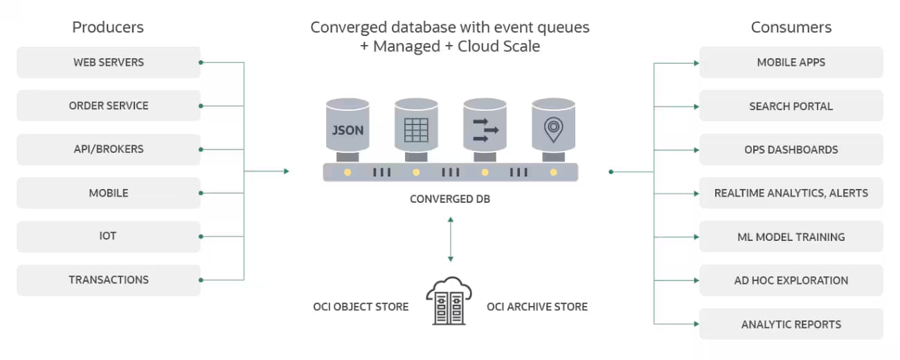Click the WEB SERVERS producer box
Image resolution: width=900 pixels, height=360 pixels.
tap(109, 62)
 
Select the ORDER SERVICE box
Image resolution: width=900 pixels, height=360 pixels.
tap(109, 106)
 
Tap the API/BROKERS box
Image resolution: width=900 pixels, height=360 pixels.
tap(109, 150)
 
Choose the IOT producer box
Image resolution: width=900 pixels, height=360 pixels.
tap(109, 236)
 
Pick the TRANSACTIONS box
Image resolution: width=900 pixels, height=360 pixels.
tap(109, 280)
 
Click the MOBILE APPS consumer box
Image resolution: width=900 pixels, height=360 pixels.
tap(791, 62)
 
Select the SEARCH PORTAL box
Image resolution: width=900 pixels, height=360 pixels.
tap(791, 107)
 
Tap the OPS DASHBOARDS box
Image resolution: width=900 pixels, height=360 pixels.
tap(791, 150)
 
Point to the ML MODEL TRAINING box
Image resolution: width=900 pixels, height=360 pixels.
tap(791, 237)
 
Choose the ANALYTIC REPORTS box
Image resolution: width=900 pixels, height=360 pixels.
tap(791, 324)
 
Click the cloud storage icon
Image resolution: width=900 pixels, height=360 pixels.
tap(448, 301)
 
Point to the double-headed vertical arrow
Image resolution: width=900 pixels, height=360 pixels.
tap(451, 239)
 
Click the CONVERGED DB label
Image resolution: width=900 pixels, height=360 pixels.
tap(450, 199)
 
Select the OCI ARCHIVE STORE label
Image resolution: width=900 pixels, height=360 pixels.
tap(537, 307)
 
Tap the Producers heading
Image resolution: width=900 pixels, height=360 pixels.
tap(108, 28)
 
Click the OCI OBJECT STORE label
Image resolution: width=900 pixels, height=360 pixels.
tap(361, 307)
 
